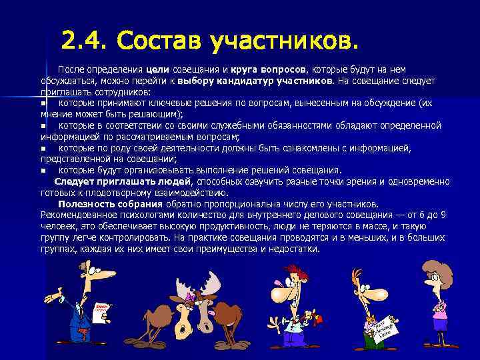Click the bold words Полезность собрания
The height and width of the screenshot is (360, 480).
tap(110, 204)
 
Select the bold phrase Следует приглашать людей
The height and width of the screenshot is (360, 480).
tap(123, 181)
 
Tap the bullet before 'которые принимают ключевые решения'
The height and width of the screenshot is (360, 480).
tap(43, 103)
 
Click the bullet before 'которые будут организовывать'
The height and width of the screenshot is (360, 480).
tap(43, 170)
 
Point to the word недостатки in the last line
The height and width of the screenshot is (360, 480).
tap(293, 249)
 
